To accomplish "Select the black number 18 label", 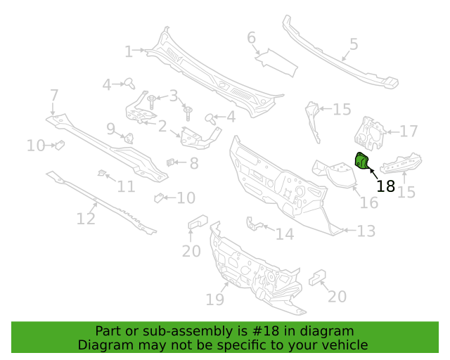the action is click(385, 186).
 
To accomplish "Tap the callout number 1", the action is click(129, 52).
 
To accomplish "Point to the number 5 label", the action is click(354, 44).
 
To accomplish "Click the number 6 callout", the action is click(252, 38).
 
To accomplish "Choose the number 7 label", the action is click(54, 96).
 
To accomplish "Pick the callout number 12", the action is click(86, 219).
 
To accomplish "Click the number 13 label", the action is click(366, 231).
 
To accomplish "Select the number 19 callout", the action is click(214, 300).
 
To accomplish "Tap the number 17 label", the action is click(409, 131).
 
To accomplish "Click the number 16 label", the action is click(368, 202).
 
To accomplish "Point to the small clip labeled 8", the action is click(170, 162).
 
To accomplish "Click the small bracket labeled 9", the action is click(129, 138).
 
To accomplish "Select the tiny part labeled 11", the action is click(101, 172).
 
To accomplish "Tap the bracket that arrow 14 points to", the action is click(253, 224).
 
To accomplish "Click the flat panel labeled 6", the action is click(276, 63).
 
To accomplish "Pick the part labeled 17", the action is click(370, 134).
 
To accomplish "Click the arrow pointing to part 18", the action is click(373, 174).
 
